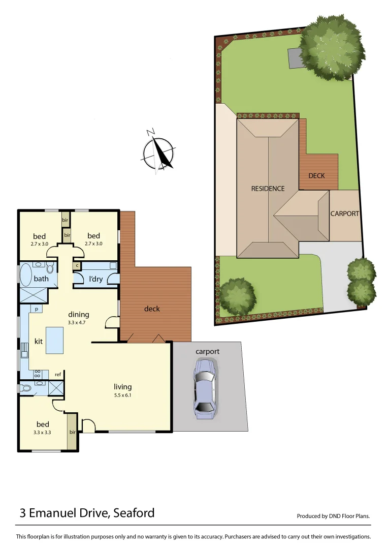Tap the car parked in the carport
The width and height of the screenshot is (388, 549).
(x=205, y=388)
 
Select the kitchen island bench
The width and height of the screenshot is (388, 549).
(x=54, y=340)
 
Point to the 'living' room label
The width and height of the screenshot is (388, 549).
(x=123, y=387)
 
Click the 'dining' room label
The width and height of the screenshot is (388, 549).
(x=79, y=314)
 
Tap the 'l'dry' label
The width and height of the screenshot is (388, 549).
(x=96, y=279)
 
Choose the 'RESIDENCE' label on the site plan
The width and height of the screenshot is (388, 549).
(x=268, y=189)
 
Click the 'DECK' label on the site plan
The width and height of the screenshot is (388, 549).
(x=316, y=175)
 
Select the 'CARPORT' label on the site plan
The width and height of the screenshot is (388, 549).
(x=345, y=213)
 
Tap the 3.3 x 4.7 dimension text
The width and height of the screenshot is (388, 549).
(x=79, y=322)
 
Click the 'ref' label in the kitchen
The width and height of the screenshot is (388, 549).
(x=58, y=375)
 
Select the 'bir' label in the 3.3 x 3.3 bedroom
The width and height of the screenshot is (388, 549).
(x=73, y=432)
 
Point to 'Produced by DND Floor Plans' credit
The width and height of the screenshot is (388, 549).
(x=333, y=516)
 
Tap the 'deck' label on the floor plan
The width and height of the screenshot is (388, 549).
(x=152, y=309)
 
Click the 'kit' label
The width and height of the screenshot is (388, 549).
(x=39, y=341)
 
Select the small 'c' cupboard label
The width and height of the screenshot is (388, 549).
(x=77, y=265)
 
